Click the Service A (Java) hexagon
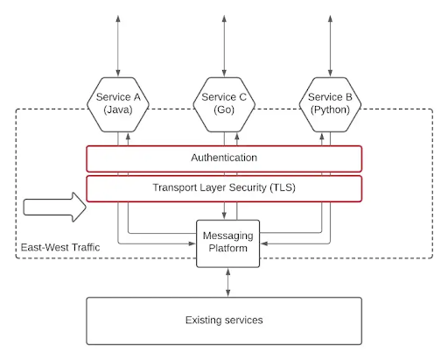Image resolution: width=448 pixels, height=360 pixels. (x=118, y=104)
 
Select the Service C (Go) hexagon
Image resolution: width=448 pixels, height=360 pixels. (x=224, y=104)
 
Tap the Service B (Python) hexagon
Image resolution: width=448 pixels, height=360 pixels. (x=330, y=104)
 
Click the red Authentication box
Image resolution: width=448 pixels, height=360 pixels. (x=224, y=159)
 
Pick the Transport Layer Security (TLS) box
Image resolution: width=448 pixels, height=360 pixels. (x=224, y=188)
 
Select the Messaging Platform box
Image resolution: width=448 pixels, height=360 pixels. (x=228, y=244)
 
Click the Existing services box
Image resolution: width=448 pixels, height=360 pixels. (x=224, y=321)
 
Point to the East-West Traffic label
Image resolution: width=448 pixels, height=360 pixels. (x=60, y=247)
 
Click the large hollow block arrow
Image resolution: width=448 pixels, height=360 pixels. (x=55, y=207)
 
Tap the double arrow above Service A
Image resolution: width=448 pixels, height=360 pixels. (x=118, y=46)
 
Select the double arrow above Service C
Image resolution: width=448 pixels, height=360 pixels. (x=224, y=46)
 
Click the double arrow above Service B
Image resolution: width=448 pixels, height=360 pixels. (x=330, y=46)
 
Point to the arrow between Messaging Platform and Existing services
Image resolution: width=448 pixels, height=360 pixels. (x=228, y=282)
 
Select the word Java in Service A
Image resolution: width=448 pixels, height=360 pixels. (x=118, y=109)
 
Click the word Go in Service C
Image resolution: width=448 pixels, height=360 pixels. (x=224, y=109)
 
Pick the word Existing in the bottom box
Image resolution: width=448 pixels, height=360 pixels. (x=204, y=321)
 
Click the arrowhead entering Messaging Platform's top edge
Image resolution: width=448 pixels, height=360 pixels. (x=224, y=215)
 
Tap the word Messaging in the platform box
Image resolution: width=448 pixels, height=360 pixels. (x=228, y=236)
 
